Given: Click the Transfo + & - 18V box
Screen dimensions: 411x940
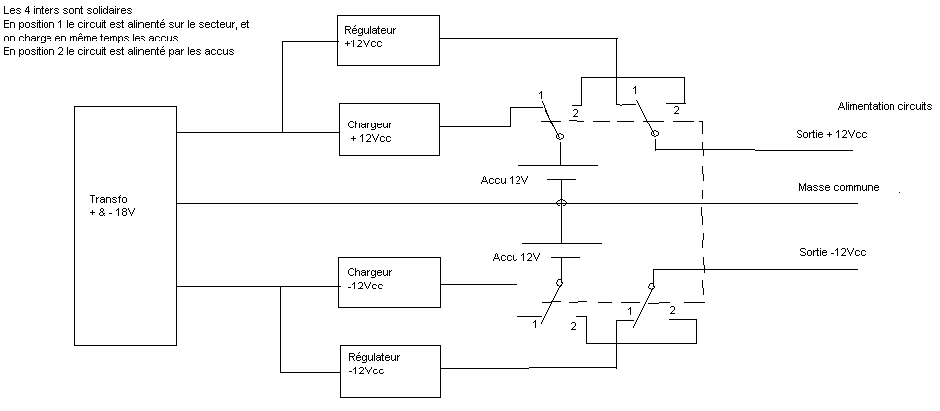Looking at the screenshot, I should click(125, 226).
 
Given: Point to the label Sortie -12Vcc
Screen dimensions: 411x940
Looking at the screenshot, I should click(832, 253).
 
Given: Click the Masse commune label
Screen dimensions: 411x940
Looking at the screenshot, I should click(838, 188).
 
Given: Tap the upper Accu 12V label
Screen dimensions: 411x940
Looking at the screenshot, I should click(506, 180).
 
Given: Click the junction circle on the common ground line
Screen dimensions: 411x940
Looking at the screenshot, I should click(562, 204).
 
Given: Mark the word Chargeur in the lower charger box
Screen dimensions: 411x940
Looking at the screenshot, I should click(371, 272).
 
